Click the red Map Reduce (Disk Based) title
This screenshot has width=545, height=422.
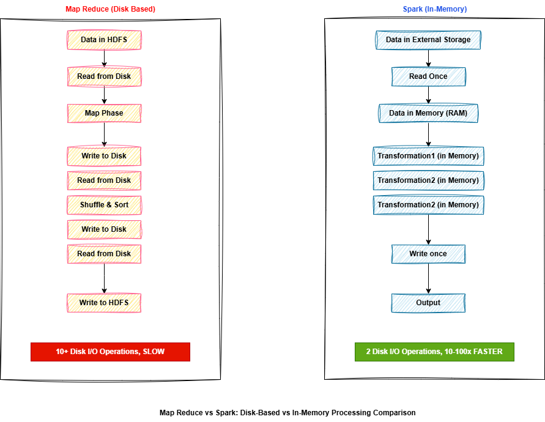pyautogui.click(x=110, y=9)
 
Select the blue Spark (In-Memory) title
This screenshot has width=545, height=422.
pyautogui.click(x=434, y=9)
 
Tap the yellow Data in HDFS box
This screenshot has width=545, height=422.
pyautogui.click(x=104, y=40)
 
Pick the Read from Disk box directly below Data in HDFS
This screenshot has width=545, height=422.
pyautogui.click(x=104, y=76)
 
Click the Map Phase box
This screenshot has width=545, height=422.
pyautogui.click(x=104, y=113)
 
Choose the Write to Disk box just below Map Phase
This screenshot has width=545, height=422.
pyautogui.click(x=104, y=156)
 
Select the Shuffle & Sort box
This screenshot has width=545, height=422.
pyautogui.click(x=104, y=205)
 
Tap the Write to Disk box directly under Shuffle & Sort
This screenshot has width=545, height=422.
pyautogui.click(x=104, y=229)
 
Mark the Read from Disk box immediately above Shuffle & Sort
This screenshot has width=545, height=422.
pyautogui.click(x=104, y=180)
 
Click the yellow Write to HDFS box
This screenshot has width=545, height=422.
pyautogui.click(x=104, y=303)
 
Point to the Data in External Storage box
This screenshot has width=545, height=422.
pyautogui.click(x=428, y=40)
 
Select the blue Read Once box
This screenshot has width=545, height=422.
pyautogui.click(x=428, y=76)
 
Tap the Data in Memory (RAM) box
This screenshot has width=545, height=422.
pyautogui.click(x=428, y=113)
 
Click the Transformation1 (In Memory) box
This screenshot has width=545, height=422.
pyautogui.click(x=428, y=156)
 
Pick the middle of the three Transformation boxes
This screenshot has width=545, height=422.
pyautogui.click(x=428, y=180)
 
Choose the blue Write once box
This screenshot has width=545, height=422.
pyautogui.click(x=428, y=254)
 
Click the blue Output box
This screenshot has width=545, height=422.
pyautogui.click(x=428, y=303)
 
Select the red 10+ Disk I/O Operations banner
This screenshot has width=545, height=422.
pyautogui.click(x=110, y=352)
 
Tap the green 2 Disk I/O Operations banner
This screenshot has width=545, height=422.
pyautogui.click(x=434, y=352)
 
